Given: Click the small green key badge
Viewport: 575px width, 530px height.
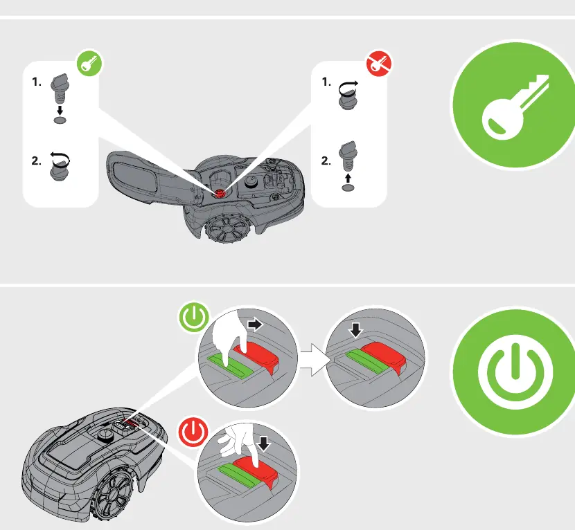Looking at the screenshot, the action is [x=89, y=64].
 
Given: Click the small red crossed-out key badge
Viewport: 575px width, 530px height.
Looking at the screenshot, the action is [x=379, y=64].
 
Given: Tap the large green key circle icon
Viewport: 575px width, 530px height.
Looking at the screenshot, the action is [x=513, y=104].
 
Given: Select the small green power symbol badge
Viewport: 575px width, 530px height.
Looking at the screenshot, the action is [x=193, y=317].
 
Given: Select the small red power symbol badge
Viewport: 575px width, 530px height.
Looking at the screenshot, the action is [x=193, y=431].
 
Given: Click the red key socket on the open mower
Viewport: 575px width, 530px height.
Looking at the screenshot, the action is [x=220, y=194].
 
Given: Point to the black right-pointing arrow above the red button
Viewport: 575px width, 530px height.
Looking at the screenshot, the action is [x=255, y=325].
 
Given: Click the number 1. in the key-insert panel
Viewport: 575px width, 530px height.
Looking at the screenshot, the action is [x=37, y=82].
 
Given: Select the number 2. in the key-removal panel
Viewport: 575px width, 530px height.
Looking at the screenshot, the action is [x=326, y=161].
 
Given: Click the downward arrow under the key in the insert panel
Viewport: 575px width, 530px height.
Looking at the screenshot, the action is [x=60, y=110].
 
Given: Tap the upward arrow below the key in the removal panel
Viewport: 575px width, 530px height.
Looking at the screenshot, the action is [x=348, y=179].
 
